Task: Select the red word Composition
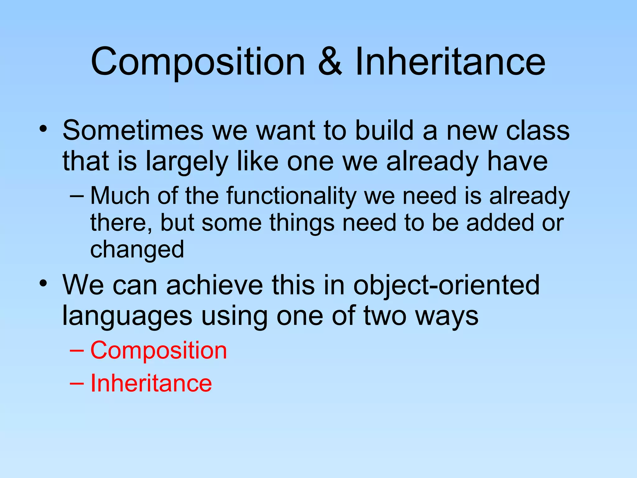(159, 351)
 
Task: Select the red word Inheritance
(151, 383)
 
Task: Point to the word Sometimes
(133, 131)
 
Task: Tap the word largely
(187, 162)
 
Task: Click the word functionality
(291, 196)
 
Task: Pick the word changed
(137, 250)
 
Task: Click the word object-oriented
(446, 285)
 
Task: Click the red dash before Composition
(77, 351)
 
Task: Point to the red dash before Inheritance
(77, 384)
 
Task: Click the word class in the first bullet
(538, 131)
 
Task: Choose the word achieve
(215, 285)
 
